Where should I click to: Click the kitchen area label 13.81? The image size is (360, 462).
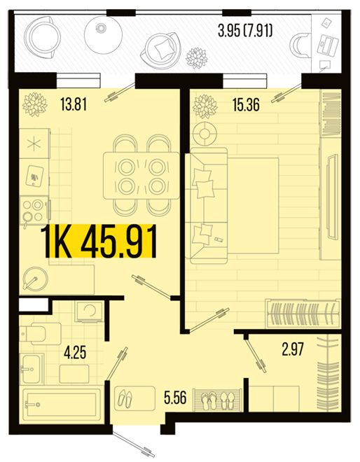pos(74,104)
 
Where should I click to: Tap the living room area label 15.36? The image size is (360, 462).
pos(247,104)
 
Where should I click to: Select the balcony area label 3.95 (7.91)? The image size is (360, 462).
pos(245,31)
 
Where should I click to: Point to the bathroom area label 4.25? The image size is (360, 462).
pos(75,353)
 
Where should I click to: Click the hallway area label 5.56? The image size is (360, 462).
pos(175,398)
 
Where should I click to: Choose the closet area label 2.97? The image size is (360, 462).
pos(293,349)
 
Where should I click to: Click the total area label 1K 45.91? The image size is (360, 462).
pos(100,241)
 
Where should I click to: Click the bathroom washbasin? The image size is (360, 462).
pos(32,369)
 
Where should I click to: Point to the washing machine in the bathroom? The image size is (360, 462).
pos(89,311)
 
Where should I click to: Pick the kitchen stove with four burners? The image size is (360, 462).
pos(34,211)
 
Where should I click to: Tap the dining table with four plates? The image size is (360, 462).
pos(141,176)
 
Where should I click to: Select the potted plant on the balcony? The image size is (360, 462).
pos(197,57)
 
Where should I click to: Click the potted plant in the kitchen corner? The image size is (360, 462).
pos(35,104)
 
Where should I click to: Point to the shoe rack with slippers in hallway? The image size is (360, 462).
pos(218,400)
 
